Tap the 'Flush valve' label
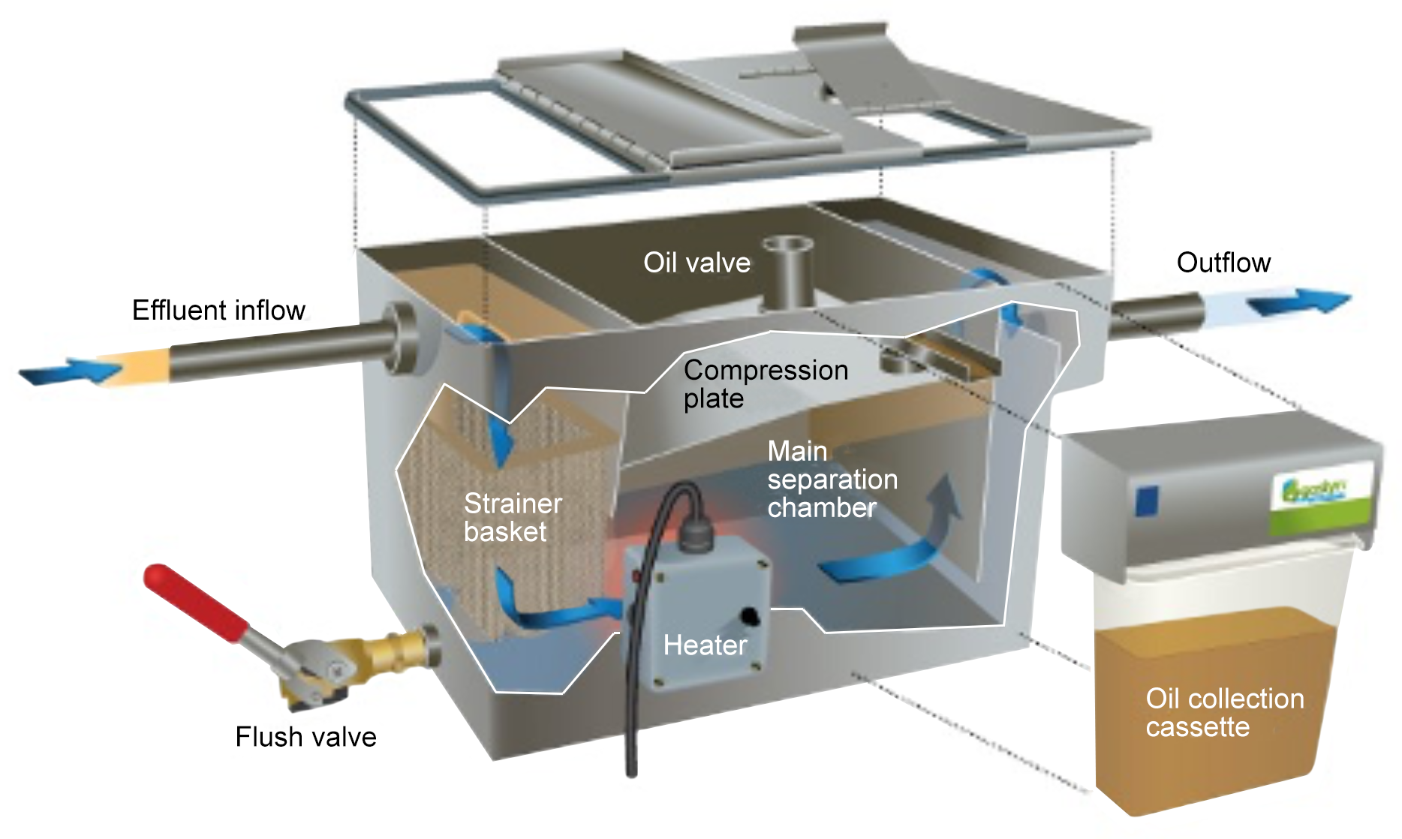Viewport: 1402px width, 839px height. click(x=305, y=737)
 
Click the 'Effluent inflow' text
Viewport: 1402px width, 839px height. click(x=218, y=310)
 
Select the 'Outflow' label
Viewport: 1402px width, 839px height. click(x=1223, y=263)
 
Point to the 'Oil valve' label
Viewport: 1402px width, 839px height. click(x=696, y=263)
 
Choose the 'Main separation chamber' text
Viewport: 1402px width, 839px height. click(x=832, y=480)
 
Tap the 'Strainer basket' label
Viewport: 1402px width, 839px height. click(x=513, y=517)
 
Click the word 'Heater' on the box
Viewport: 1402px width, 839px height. click(x=705, y=645)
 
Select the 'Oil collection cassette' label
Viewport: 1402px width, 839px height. click(x=1224, y=713)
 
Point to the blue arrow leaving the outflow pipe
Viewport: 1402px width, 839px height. click(x=1298, y=302)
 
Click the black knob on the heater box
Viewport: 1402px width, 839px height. click(x=748, y=617)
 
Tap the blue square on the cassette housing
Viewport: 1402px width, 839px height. click(x=1148, y=501)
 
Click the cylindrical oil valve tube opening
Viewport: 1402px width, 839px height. click(x=786, y=245)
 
